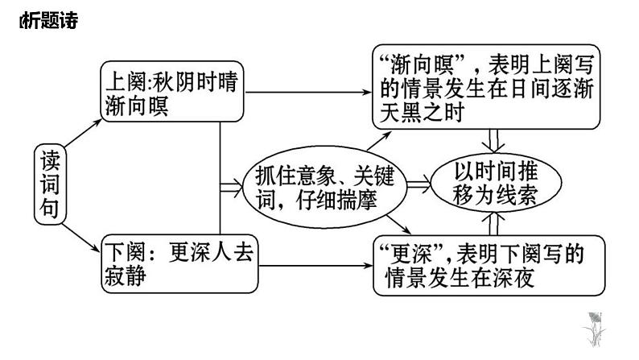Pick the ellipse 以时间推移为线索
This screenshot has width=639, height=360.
coord(494,184)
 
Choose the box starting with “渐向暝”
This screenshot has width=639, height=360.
coord(487,88)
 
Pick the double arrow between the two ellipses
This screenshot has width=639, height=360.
coord(418,186)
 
